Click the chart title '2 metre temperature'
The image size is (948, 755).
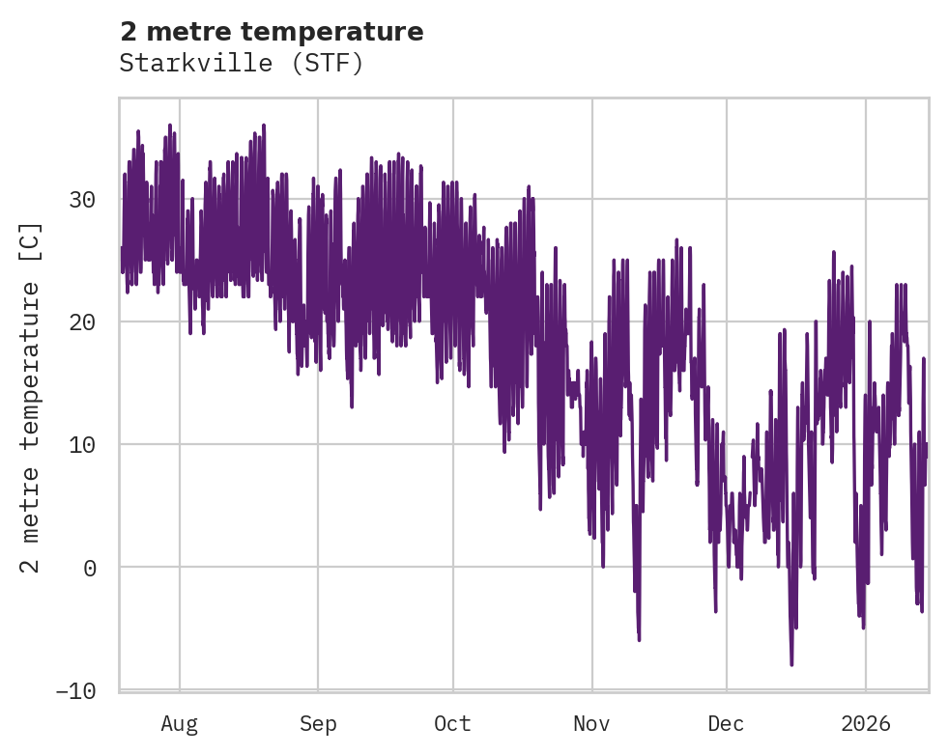[x=272, y=32]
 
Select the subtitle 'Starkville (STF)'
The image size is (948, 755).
[x=241, y=64]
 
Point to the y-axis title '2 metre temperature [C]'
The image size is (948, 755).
[x=31, y=398]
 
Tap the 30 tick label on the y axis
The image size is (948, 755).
[x=83, y=201]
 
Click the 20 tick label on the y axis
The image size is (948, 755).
[x=83, y=322]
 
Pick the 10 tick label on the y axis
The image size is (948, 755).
[x=83, y=445]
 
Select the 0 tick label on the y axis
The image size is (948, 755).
[x=90, y=568]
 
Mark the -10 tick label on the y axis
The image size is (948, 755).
[x=76, y=690]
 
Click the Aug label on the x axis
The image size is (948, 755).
[x=180, y=724]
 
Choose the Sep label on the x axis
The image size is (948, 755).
[x=317, y=724]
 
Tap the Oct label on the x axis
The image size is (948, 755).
[x=452, y=724]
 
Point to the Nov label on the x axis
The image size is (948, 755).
[x=591, y=724]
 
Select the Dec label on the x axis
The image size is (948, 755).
[x=726, y=724]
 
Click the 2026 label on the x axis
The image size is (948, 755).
[x=866, y=724]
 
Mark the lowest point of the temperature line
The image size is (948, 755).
[x=791, y=664]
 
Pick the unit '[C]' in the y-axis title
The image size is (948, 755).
[x=31, y=238]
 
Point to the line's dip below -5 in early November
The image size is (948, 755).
[x=639, y=639]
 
